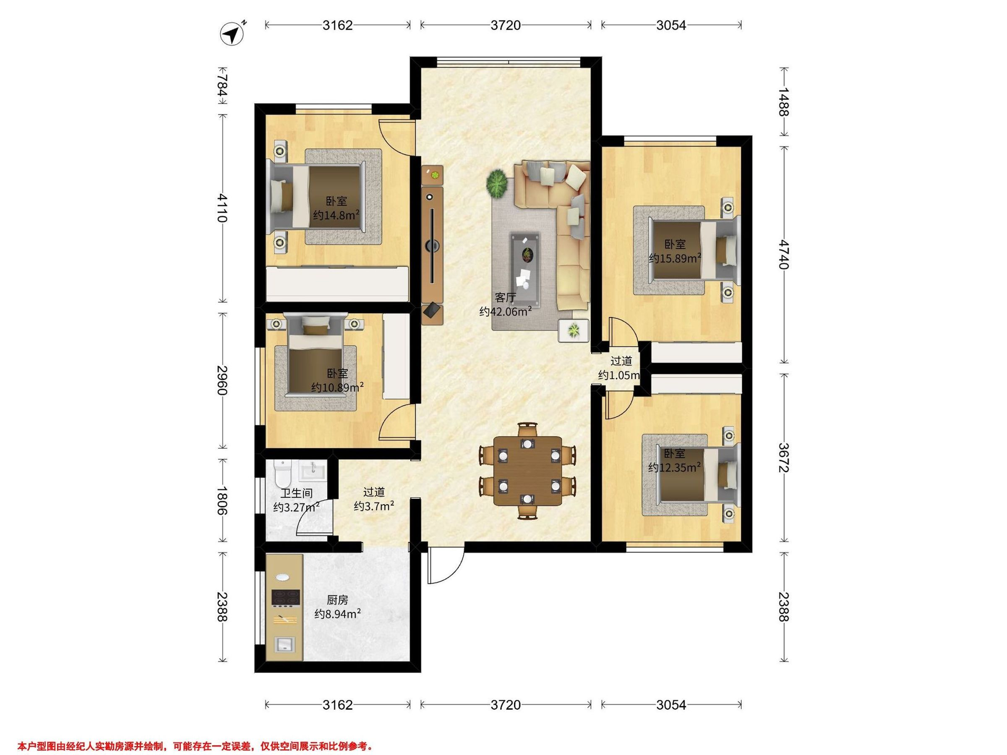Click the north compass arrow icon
[232, 33]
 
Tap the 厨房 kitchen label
[337, 600]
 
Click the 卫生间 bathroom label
[296, 493]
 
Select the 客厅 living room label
[505, 298]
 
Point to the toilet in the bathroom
[283, 473]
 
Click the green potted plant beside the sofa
[497, 183]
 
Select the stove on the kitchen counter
[285, 598]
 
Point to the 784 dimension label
[222, 85]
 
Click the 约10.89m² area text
[337, 387]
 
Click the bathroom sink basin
[312, 471]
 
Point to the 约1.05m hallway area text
[620, 375]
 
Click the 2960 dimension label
[222, 380]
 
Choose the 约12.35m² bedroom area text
[674, 467]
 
